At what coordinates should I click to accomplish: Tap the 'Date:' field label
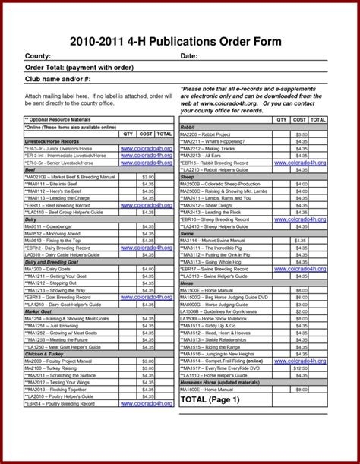[x=189, y=57]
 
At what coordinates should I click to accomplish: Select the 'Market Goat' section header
[x=39, y=311]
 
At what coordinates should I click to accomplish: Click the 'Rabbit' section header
[x=188, y=127]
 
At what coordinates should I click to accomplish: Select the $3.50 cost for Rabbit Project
[x=302, y=134]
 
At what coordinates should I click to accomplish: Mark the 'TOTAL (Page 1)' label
[x=210, y=399]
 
